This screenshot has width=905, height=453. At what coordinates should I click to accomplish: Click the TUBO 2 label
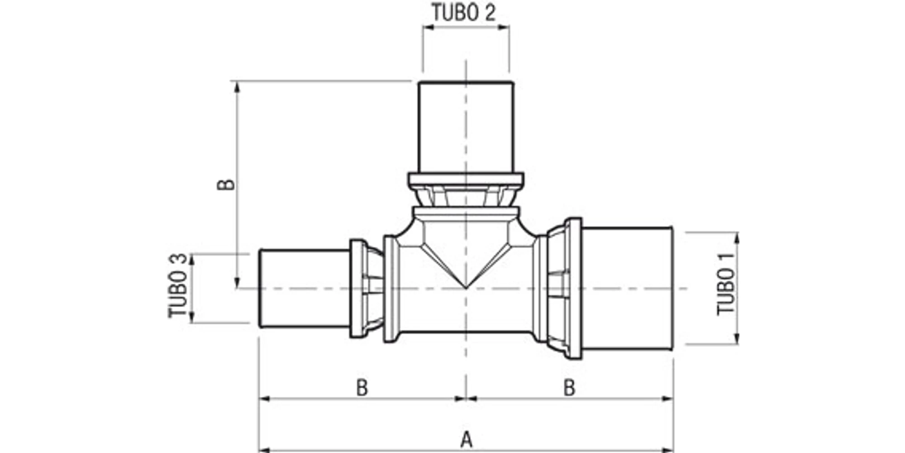tap(464, 13)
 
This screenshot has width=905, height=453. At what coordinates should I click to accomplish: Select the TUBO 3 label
tap(178, 285)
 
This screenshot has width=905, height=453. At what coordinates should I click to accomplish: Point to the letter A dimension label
tap(466, 439)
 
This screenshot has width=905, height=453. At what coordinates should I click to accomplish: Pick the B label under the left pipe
tap(362, 388)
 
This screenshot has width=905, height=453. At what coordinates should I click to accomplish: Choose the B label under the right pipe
tap(569, 388)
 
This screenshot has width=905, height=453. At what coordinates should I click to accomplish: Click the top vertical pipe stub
tap(466, 127)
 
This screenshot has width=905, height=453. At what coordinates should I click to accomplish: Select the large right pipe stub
tap(627, 288)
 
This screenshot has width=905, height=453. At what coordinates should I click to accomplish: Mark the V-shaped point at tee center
tap(466, 286)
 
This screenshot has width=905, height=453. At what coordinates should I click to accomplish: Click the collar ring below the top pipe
tap(466, 180)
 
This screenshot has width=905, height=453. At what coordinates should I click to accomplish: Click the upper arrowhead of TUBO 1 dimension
tap(736, 238)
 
